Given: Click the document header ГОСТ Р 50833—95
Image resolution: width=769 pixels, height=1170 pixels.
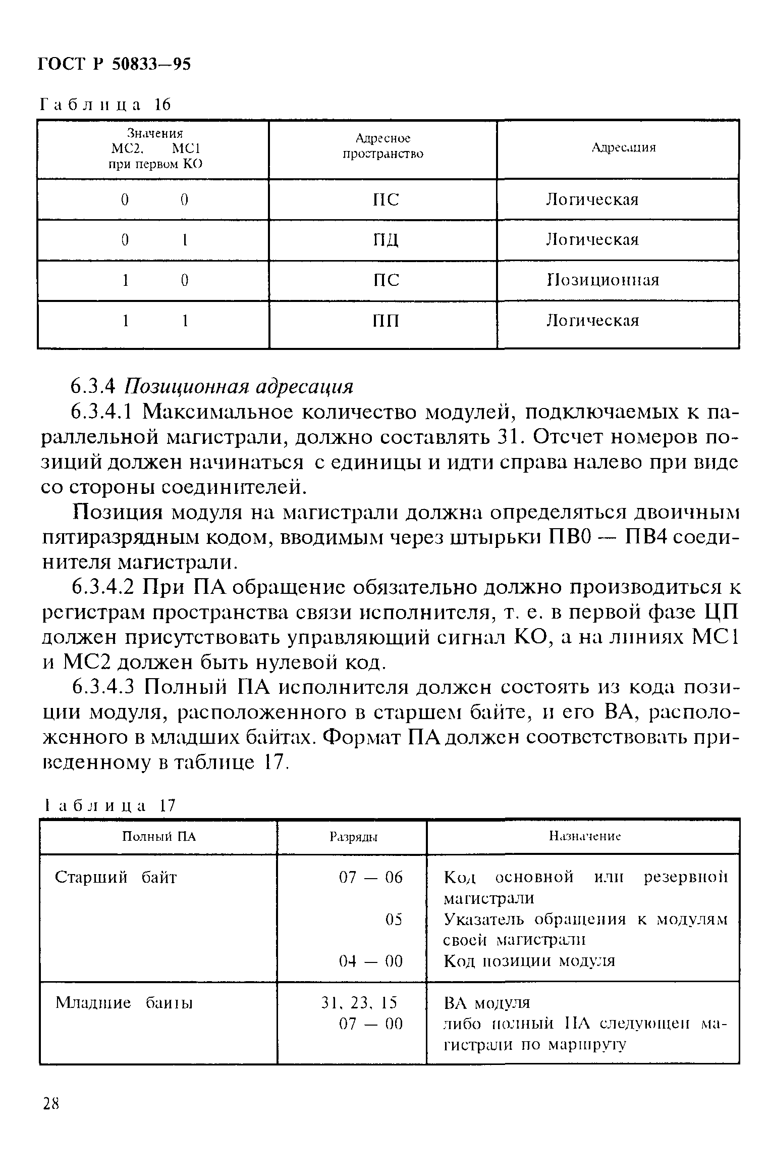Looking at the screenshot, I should click(x=115, y=65).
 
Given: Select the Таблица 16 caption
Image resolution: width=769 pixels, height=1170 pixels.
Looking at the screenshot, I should click(x=105, y=105).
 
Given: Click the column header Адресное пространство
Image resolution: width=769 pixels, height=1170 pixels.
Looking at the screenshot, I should click(x=382, y=146).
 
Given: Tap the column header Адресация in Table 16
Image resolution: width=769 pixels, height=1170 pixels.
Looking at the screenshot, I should click(x=623, y=147).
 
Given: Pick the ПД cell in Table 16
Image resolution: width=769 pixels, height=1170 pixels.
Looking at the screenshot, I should click(x=386, y=240).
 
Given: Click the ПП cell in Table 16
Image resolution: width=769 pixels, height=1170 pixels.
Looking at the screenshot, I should click(x=386, y=321).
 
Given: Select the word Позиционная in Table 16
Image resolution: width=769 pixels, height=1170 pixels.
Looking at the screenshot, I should click(x=602, y=280).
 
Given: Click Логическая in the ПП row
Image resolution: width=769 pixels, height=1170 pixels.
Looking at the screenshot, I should click(x=593, y=321).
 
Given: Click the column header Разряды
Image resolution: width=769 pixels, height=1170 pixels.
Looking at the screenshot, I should click(x=354, y=837).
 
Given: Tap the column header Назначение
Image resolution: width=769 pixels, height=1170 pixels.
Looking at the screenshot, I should click(x=584, y=837).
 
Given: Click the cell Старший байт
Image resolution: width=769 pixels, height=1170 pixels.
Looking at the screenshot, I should click(x=116, y=878).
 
